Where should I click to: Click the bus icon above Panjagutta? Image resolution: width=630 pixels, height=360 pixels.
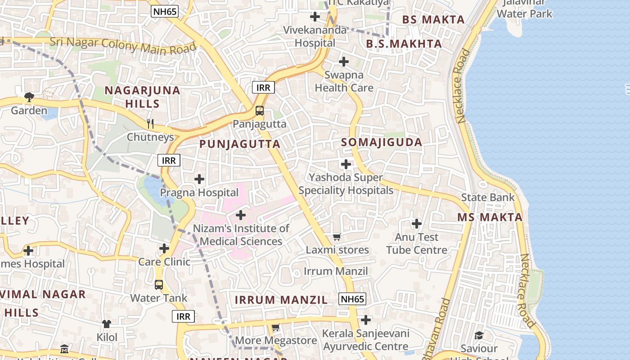point(260,111)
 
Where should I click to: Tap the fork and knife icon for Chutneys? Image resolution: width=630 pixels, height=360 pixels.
point(150,123)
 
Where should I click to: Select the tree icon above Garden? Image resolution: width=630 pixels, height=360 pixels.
point(29,97)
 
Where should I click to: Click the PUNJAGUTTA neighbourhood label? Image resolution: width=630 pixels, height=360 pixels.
point(240,144)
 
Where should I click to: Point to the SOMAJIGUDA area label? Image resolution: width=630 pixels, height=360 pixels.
point(382,142)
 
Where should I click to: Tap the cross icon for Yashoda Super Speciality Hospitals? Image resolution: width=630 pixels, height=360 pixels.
point(346,164)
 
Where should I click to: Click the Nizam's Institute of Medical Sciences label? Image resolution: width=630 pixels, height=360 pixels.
point(241,235)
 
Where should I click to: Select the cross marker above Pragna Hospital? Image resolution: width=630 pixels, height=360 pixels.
point(199,179)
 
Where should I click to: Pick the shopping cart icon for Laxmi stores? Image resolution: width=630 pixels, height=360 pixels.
point(337,237)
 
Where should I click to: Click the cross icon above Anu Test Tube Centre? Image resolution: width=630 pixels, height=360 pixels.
point(417,223)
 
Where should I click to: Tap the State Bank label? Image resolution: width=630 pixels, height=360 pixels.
point(487,197)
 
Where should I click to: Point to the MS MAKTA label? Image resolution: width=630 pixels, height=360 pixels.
point(490,217)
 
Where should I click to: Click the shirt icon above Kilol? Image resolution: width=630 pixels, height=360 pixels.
point(107,324)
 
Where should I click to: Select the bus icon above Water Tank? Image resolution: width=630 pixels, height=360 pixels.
point(159,284)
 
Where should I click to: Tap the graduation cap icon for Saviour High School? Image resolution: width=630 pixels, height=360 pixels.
point(479,335)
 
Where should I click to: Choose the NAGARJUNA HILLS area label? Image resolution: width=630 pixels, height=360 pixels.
point(142,97)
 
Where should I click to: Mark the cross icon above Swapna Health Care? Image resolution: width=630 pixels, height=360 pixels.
point(344,62)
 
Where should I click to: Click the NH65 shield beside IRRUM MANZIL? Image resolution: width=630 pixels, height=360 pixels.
point(352,299)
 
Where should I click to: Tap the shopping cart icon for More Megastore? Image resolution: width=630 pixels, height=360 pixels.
point(276,328)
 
